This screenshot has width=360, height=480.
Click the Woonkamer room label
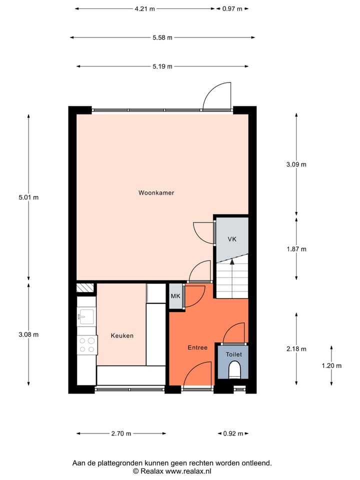(x=156, y=192)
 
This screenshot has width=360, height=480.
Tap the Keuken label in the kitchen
(x=122, y=336)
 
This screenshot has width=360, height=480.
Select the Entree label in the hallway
(x=197, y=347)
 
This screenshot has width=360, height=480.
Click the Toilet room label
(x=233, y=354)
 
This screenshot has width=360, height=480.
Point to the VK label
(x=231, y=239)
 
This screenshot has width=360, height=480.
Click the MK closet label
(x=175, y=296)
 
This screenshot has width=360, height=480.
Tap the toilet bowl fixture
(x=234, y=371)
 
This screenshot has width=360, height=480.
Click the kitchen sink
(x=86, y=316)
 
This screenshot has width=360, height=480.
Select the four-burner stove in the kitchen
(x=86, y=344)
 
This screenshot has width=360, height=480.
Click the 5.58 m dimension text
(x=162, y=37)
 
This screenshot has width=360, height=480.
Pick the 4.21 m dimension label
(x=144, y=8)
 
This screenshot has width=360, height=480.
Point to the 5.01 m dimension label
(x=28, y=197)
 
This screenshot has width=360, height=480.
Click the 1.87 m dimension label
(x=296, y=249)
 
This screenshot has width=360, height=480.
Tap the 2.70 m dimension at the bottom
(x=121, y=433)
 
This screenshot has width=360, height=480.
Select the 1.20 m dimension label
(x=331, y=365)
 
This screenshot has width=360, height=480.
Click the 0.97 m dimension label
(x=232, y=8)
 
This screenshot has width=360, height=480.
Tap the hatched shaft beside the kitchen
(x=85, y=287)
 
